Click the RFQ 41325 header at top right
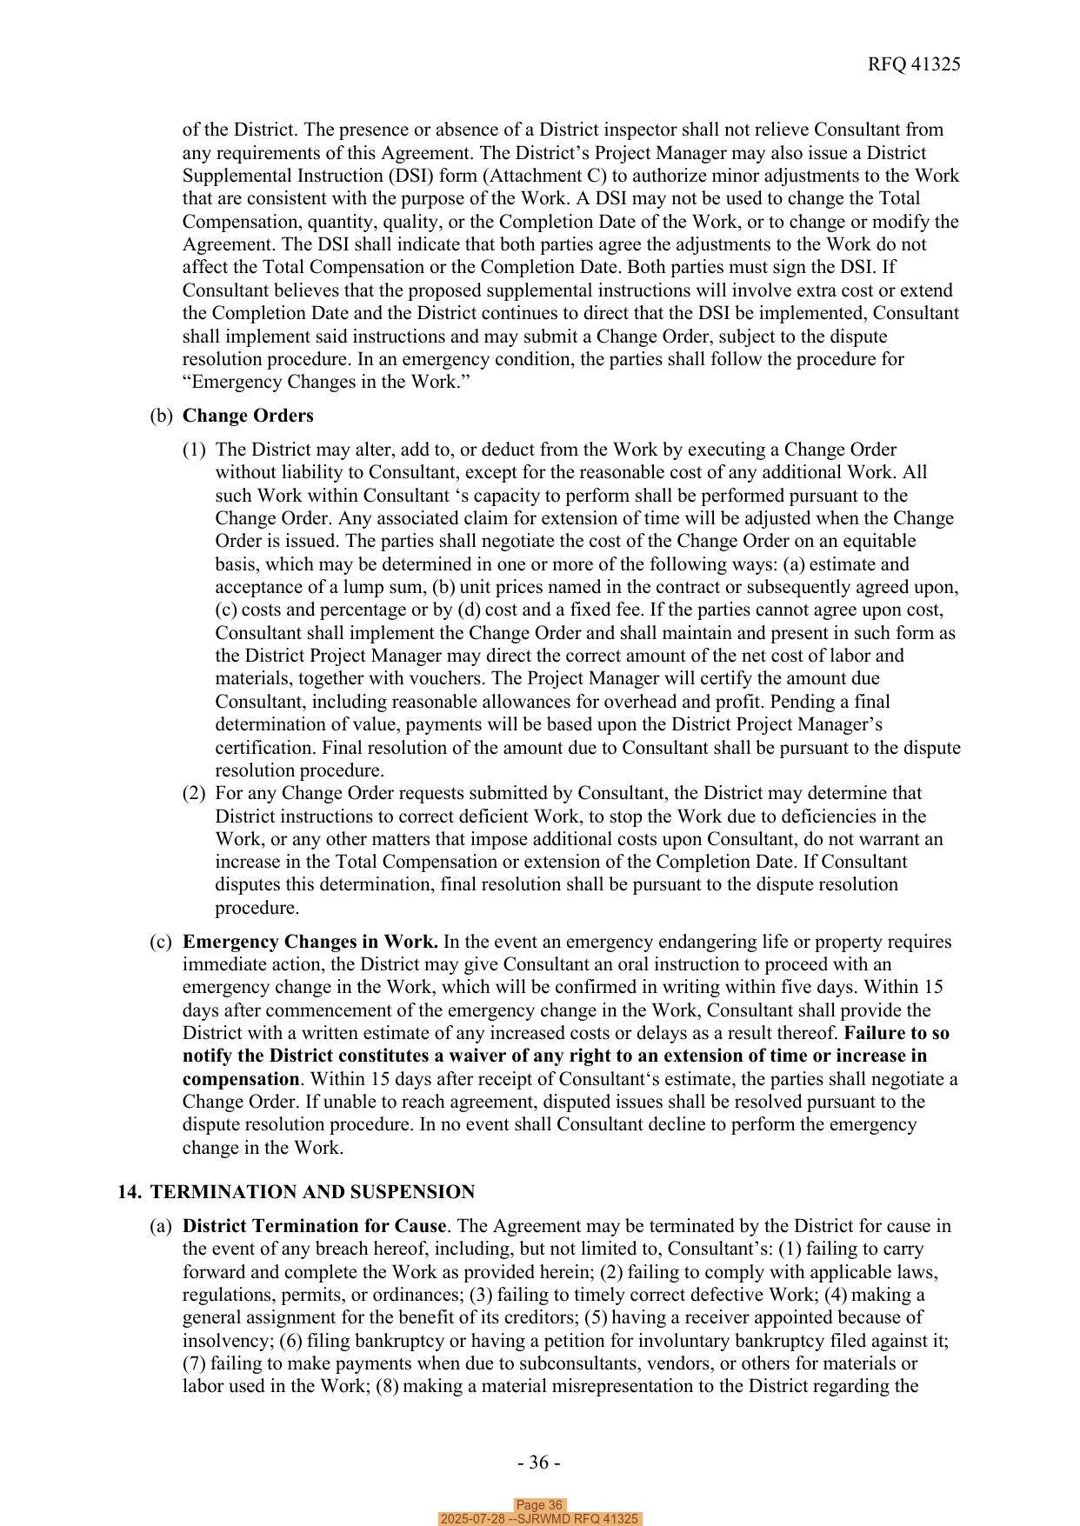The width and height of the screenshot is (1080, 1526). [x=913, y=64]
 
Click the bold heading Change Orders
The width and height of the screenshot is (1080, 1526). [x=248, y=416]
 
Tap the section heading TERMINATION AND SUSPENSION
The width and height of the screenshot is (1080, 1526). [x=312, y=1191]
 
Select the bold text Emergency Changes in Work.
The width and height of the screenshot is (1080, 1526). [x=310, y=942]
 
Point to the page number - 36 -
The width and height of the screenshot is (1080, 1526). [x=538, y=1463]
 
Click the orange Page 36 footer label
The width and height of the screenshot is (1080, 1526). [x=539, y=1505]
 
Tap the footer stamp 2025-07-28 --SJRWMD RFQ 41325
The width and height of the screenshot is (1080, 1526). [x=539, y=1519]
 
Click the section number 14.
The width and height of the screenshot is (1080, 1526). [x=130, y=1191]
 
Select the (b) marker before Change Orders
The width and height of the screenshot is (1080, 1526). [x=161, y=416]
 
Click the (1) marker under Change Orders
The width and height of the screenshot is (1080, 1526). [x=194, y=450]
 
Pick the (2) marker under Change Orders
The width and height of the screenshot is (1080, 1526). [x=194, y=793]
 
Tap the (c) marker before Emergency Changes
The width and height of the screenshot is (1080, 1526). [x=161, y=942]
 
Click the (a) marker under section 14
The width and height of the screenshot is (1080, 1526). [x=161, y=1226]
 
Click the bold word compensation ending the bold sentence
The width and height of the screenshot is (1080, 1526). [x=241, y=1079]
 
